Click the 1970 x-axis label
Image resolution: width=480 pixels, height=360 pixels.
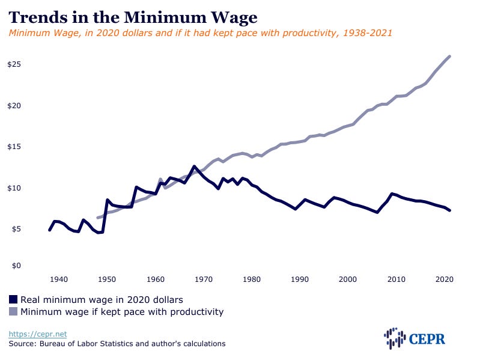tap(204, 279)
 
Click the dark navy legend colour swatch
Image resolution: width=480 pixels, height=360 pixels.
tap(13, 299)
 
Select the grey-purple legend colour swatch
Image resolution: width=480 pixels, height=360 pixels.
tap(13, 311)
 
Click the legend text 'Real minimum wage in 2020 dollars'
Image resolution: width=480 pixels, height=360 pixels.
tap(102, 299)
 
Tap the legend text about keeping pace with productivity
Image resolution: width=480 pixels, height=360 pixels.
tap(122, 311)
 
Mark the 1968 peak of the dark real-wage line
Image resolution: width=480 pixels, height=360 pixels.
tap(194, 166)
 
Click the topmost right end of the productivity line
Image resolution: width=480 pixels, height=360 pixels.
tap(450, 56)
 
